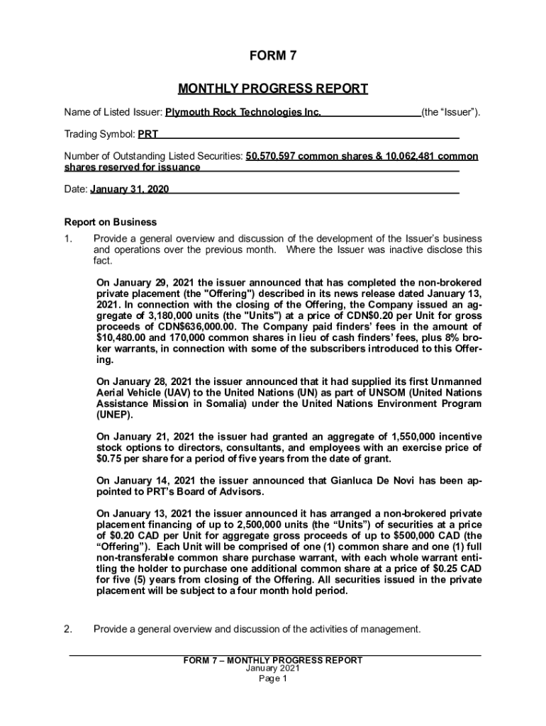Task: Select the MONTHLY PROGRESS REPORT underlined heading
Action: coord(273,89)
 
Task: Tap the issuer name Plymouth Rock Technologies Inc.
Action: coord(243,112)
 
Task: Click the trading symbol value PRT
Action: coord(147,133)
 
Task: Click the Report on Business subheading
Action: coord(111,222)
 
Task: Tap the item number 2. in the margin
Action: coord(69,629)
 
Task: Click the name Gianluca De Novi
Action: coord(371,481)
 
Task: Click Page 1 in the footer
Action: coord(273,678)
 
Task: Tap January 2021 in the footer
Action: coord(273,669)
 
